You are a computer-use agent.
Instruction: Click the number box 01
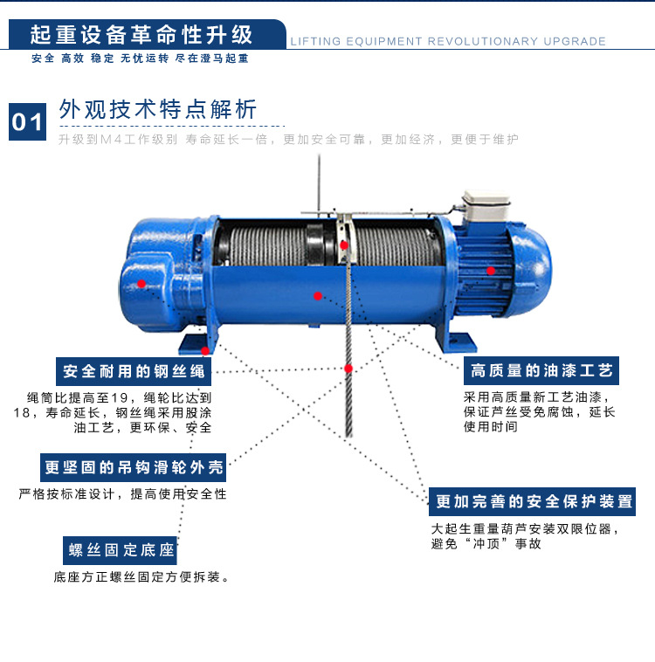point(27,121)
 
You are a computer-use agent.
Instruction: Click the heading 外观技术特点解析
point(157,110)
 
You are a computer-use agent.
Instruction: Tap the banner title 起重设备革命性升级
point(141,35)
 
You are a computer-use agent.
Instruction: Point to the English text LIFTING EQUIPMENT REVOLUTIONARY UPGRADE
point(448,41)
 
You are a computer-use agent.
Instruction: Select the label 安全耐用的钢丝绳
point(134,371)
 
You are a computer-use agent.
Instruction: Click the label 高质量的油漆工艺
point(541,370)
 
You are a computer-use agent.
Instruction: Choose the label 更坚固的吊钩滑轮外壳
point(133,467)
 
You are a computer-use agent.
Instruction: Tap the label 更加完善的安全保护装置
point(532,501)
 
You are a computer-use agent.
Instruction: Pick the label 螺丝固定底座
point(120,550)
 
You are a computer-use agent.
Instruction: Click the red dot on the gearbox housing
point(141,284)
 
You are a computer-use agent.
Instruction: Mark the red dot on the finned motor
point(491,271)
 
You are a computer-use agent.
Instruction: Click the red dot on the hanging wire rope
point(348,369)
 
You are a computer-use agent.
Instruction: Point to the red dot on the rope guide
point(344,245)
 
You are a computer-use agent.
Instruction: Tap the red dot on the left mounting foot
point(205,351)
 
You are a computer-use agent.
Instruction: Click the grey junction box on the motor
point(486,205)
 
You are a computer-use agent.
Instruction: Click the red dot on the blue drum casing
point(318,296)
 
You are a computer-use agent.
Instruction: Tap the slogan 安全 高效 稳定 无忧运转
point(100,59)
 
